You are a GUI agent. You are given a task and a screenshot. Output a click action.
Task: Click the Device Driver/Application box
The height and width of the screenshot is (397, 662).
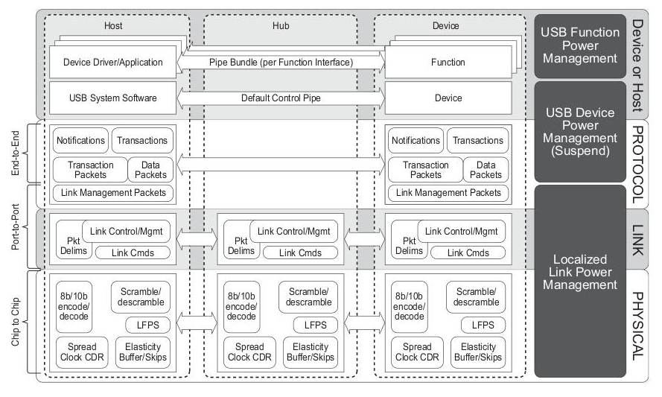(112, 62)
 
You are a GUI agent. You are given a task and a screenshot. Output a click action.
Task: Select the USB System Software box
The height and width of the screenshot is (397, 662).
(112, 98)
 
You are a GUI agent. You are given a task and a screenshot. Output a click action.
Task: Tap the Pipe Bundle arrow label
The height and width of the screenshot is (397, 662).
(281, 63)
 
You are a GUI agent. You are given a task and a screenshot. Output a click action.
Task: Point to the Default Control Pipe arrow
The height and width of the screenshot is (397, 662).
(281, 98)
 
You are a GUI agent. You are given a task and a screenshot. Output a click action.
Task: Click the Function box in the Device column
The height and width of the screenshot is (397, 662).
(448, 62)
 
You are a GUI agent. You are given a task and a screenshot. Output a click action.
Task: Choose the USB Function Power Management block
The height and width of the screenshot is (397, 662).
(580, 46)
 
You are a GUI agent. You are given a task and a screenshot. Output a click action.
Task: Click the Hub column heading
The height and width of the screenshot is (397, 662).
(281, 26)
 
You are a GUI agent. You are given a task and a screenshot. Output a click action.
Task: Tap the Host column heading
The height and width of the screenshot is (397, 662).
(113, 26)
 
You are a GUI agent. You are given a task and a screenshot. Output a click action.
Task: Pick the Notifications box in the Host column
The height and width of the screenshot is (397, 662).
(80, 141)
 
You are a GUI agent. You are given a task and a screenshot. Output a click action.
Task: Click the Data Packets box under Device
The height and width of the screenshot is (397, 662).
(486, 170)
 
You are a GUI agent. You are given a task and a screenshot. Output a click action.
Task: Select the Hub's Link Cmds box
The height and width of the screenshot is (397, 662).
(300, 253)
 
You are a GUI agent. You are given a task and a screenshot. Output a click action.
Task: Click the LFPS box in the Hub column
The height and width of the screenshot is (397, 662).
(316, 325)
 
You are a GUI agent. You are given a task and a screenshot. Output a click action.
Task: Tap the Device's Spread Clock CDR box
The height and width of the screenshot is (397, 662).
(417, 352)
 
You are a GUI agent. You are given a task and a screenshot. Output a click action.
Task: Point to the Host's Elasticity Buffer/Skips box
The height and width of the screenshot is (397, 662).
(143, 352)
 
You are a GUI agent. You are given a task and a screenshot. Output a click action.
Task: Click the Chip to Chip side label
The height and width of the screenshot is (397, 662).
(15, 322)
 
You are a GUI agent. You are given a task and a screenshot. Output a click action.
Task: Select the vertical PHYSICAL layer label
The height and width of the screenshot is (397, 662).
(637, 326)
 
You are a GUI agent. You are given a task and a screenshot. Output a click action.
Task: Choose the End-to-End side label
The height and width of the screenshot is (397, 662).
(15, 153)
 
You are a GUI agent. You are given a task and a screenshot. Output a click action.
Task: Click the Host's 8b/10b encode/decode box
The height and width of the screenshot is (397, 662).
(74, 307)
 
